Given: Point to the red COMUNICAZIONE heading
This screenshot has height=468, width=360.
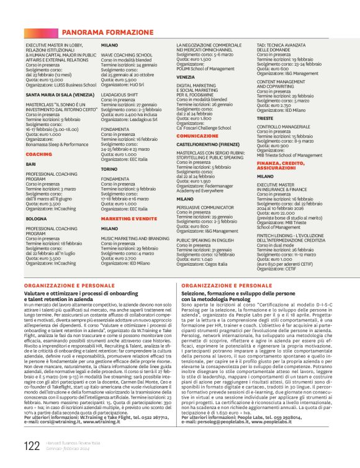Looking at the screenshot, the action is [197, 135].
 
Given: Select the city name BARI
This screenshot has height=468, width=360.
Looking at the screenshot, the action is [31, 164].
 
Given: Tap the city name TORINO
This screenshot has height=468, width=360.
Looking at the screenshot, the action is [109, 168].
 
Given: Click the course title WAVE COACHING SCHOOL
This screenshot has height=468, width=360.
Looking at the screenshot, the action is [126, 55].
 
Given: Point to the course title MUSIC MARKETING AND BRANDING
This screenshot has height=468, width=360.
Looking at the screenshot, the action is [135, 238].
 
